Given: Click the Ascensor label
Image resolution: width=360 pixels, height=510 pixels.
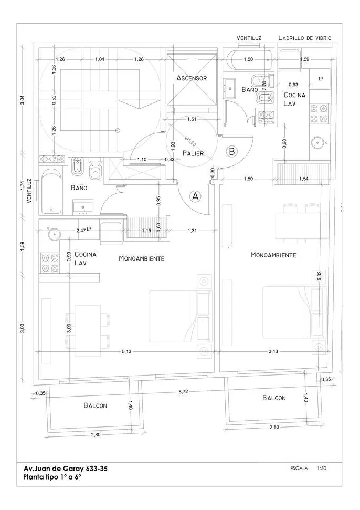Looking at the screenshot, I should (192, 78).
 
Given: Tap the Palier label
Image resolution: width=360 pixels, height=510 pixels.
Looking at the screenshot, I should (193, 153).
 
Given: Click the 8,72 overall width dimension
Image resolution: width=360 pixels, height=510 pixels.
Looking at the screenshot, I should (183, 392).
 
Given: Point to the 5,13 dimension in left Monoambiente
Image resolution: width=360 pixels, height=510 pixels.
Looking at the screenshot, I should (126, 352).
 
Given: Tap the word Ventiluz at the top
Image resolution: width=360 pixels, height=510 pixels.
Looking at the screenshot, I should (249, 38).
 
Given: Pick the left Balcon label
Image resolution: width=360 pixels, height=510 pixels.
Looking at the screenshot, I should (95, 405).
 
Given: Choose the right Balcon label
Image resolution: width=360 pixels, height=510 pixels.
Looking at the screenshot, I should (274, 398).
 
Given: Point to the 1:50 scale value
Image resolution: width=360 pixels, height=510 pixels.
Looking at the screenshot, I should (322, 467).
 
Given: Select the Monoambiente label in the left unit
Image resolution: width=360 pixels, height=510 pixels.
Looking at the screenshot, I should (142, 258).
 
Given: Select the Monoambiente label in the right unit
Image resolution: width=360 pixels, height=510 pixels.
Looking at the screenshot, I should (273, 255).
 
